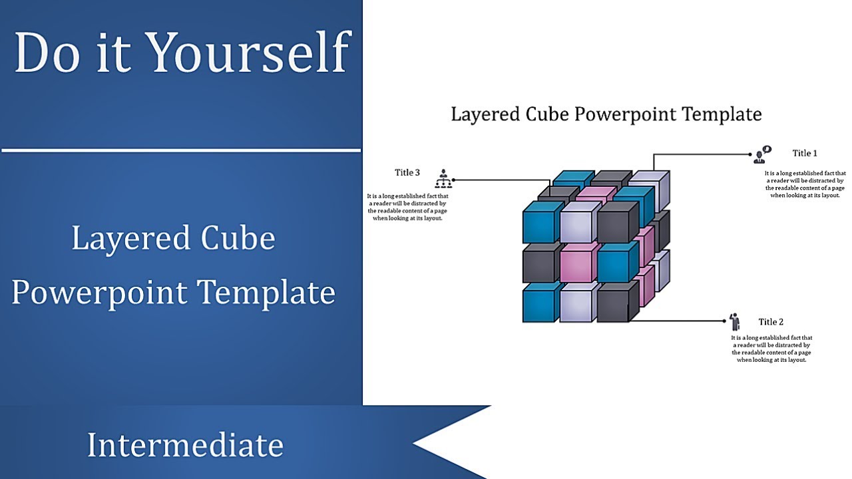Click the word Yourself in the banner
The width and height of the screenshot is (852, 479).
pyautogui.click(x=250, y=53)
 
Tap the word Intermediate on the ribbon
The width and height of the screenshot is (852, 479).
pyautogui.click(x=185, y=445)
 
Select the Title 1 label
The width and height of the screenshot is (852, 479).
pyautogui.click(x=805, y=154)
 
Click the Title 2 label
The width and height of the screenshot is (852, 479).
pyautogui.click(x=771, y=323)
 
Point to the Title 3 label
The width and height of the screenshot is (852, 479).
pyautogui.click(x=407, y=173)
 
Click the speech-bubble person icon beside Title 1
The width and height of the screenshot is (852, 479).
pyautogui.click(x=761, y=155)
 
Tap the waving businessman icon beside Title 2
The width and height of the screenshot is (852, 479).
pyautogui.click(x=735, y=322)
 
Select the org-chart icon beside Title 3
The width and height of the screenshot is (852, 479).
pyautogui.click(x=443, y=178)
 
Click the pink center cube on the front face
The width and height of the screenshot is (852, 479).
pyautogui.click(x=578, y=262)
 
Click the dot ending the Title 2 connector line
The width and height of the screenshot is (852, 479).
pyautogui.click(x=725, y=321)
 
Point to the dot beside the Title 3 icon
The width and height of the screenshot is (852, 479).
pyautogui.click(x=453, y=180)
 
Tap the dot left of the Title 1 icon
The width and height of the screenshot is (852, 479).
pyautogui.click(x=751, y=155)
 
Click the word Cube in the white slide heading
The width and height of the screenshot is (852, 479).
pyautogui.click(x=549, y=114)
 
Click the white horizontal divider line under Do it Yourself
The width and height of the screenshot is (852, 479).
pyautogui.click(x=181, y=150)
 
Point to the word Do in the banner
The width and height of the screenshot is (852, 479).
pyautogui.click(x=44, y=53)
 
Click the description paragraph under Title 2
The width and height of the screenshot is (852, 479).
pyautogui.click(x=772, y=349)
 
